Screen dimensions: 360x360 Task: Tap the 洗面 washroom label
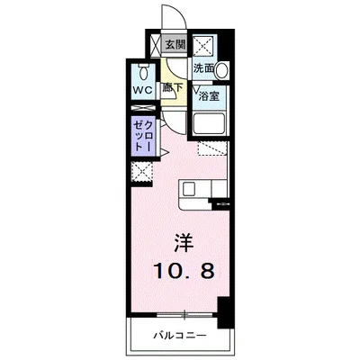click(202, 67)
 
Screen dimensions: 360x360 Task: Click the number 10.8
click(181, 272)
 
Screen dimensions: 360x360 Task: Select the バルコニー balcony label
click(182, 335)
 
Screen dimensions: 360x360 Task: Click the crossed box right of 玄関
click(205, 43)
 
